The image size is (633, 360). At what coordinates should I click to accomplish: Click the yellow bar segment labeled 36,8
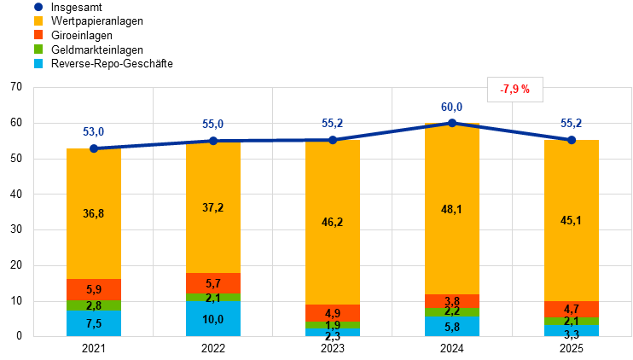[94, 213]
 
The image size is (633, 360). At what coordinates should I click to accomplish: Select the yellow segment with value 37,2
[213, 207]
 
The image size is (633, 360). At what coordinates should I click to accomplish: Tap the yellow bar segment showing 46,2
[333, 222]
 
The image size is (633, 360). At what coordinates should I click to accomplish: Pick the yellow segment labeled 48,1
[452, 209]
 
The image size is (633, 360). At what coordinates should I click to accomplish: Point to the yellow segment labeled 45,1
[572, 220]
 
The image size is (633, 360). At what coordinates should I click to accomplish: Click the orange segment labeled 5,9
[94, 289]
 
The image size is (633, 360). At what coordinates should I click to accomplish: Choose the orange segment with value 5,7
[213, 283]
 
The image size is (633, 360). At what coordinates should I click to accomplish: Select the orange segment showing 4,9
[333, 313]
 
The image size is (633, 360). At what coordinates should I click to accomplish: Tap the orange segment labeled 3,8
[452, 301]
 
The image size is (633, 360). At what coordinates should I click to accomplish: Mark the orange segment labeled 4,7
[572, 309]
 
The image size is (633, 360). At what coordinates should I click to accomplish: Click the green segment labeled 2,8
[94, 305]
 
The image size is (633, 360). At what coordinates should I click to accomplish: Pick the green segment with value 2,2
[452, 312]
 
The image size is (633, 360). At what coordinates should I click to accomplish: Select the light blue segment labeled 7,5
[94, 323]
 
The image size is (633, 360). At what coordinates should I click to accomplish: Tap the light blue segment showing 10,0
[213, 319]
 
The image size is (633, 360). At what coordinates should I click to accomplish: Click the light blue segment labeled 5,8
[452, 327]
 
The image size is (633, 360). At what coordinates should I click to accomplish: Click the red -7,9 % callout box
[515, 89]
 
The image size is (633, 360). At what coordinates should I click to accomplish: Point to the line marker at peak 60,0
[452, 123]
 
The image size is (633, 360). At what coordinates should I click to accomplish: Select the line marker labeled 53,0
[94, 148]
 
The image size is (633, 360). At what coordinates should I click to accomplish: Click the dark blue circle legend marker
[38, 7]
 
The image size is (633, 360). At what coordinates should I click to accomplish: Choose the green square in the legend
[38, 49]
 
